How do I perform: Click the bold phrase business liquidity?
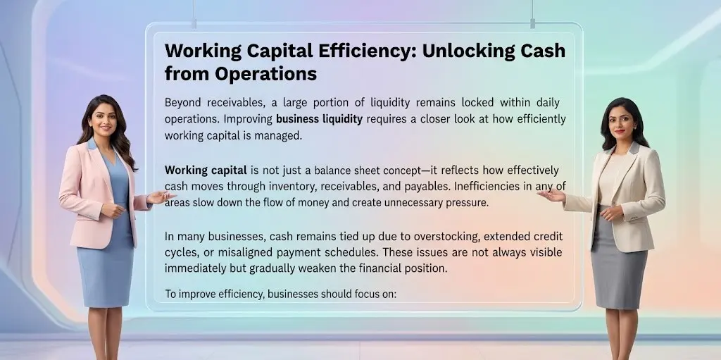319,119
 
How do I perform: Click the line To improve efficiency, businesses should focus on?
281,294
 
